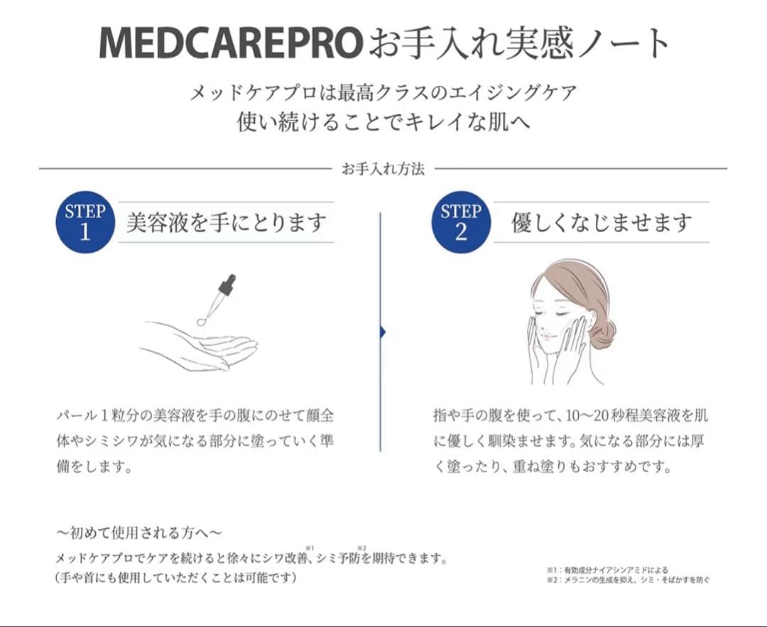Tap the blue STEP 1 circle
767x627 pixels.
[x=85, y=222]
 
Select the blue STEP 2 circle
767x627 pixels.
[x=461, y=222]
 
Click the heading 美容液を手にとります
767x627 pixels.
[x=226, y=223]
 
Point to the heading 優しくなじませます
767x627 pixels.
[x=602, y=223]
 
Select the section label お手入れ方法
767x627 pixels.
[x=383, y=169]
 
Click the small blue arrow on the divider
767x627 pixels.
[x=383, y=332]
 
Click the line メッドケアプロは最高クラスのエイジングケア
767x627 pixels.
[x=383, y=92]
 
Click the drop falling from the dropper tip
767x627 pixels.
[x=202, y=322]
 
